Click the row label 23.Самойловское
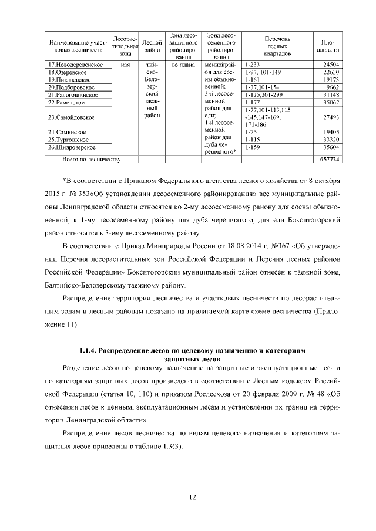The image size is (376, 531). coord(71,117)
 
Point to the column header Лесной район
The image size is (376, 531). coord(152,46)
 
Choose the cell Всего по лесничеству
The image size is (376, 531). coord(92,159)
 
